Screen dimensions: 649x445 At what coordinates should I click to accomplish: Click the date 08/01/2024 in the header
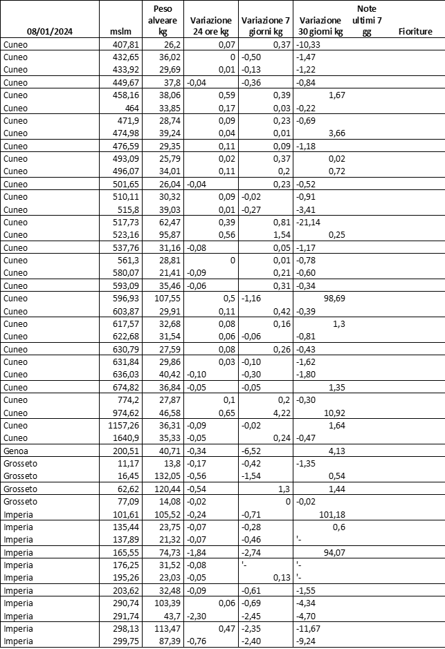point(49,32)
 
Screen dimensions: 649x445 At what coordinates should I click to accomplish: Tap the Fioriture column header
point(415,32)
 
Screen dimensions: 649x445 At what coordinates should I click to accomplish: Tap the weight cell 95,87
point(168,234)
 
